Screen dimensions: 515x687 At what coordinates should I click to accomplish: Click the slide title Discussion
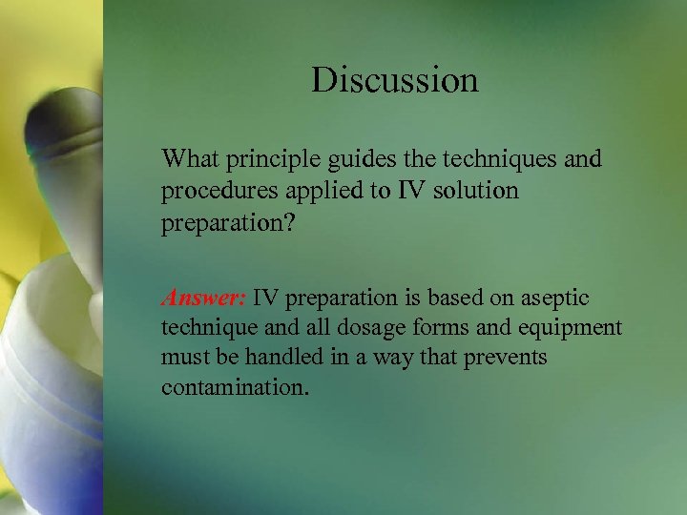point(394,80)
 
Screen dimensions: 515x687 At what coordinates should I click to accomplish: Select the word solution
point(473,191)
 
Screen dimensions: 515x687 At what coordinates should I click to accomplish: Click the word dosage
point(378,329)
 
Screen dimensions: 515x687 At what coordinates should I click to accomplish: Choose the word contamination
point(235,389)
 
